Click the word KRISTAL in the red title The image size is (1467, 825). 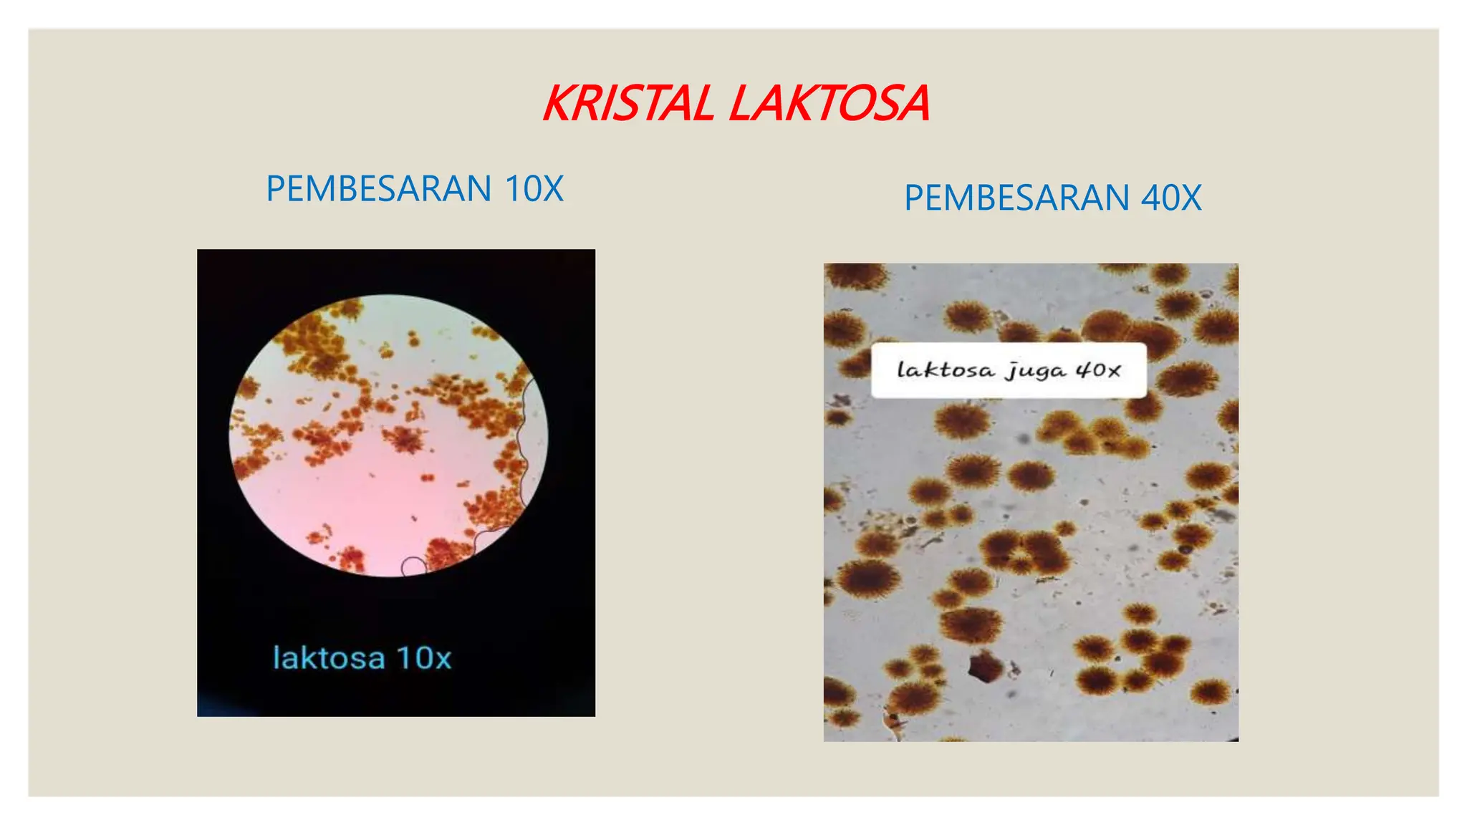point(629,104)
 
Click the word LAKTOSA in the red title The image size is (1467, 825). point(829,104)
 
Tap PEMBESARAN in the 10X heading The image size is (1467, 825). point(378,189)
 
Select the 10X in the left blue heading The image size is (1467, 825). point(534,189)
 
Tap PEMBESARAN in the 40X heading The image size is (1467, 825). point(1017,198)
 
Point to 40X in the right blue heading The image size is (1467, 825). point(1171,198)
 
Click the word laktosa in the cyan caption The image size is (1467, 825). point(329,658)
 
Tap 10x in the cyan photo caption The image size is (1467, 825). point(424,658)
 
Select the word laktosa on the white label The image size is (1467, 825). point(946,370)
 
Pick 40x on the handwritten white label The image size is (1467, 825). point(1098,370)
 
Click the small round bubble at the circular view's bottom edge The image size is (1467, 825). point(413,566)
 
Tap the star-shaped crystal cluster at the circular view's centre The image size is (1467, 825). point(405,438)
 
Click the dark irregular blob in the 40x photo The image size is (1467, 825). point(985,667)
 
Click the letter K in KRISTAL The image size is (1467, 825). point(559,104)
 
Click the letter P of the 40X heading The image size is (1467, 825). point(913,198)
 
